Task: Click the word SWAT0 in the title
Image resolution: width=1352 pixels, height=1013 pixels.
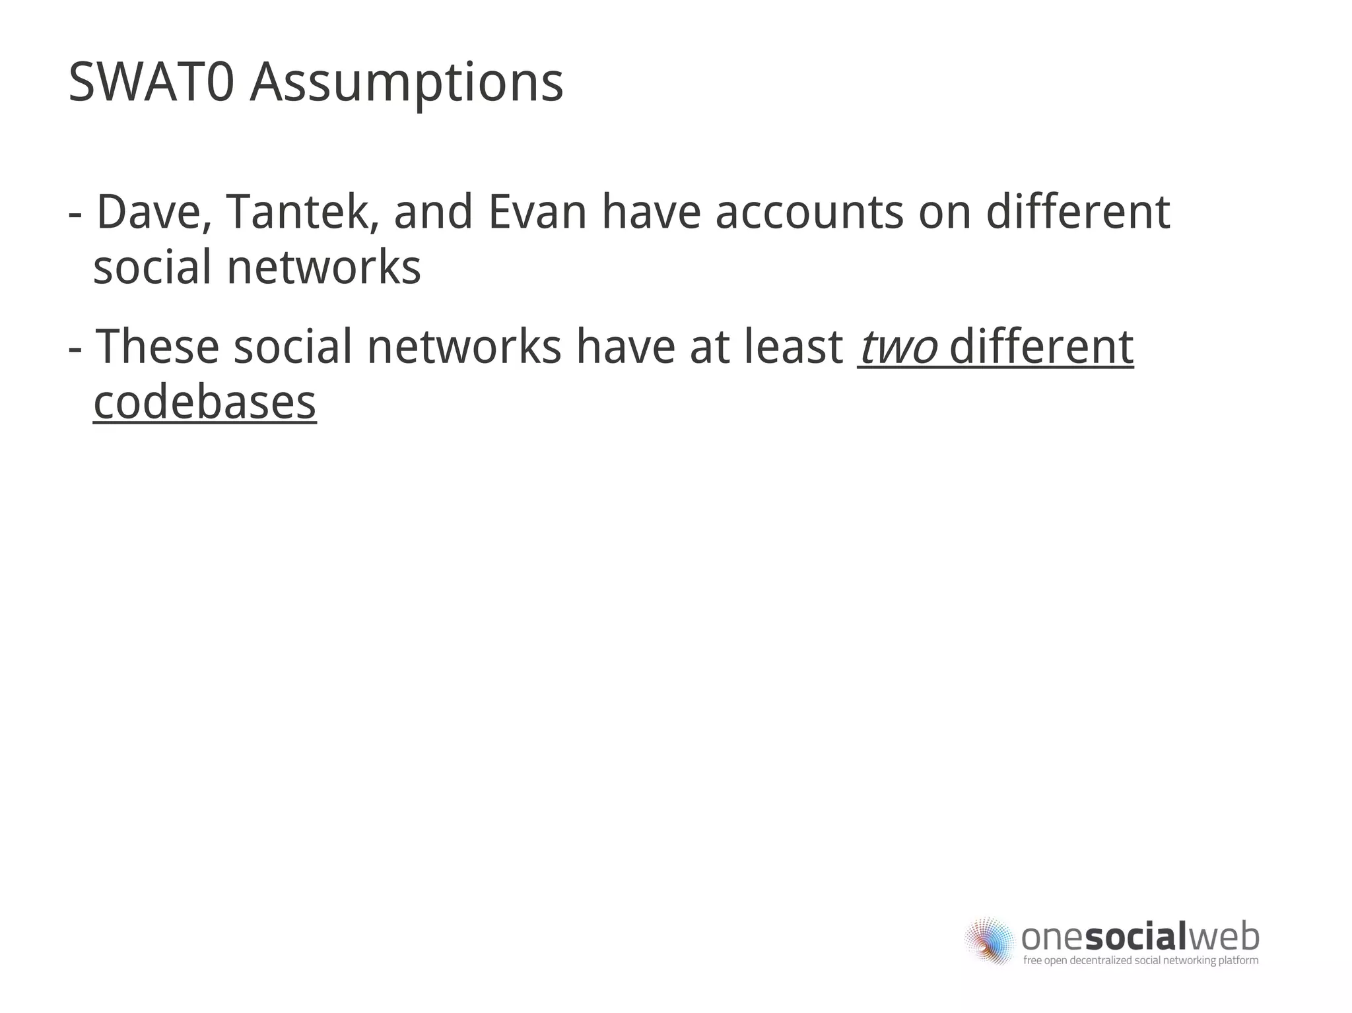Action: point(151,82)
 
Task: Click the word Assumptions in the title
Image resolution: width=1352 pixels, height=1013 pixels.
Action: point(406,84)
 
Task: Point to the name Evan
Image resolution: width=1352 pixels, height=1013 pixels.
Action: point(537,212)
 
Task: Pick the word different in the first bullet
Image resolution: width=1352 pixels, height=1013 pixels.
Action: point(1077,212)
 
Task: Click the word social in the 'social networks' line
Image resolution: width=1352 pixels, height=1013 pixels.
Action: point(152,267)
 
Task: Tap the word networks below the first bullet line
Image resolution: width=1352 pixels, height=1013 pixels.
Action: point(323,267)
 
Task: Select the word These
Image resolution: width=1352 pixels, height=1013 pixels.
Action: point(158,347)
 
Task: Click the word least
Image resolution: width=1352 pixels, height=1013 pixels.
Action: point(793,347)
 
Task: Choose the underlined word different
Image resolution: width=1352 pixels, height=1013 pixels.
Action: point(1041,347)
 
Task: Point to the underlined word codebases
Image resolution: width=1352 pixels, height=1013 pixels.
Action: point(205,402)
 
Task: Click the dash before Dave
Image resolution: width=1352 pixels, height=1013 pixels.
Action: point(75,215)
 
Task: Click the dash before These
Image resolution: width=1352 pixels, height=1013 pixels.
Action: point(75,349)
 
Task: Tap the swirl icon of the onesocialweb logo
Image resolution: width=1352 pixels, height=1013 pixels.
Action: point(988,940)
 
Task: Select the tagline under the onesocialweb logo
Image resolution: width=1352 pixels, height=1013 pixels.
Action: point(1140,960)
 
